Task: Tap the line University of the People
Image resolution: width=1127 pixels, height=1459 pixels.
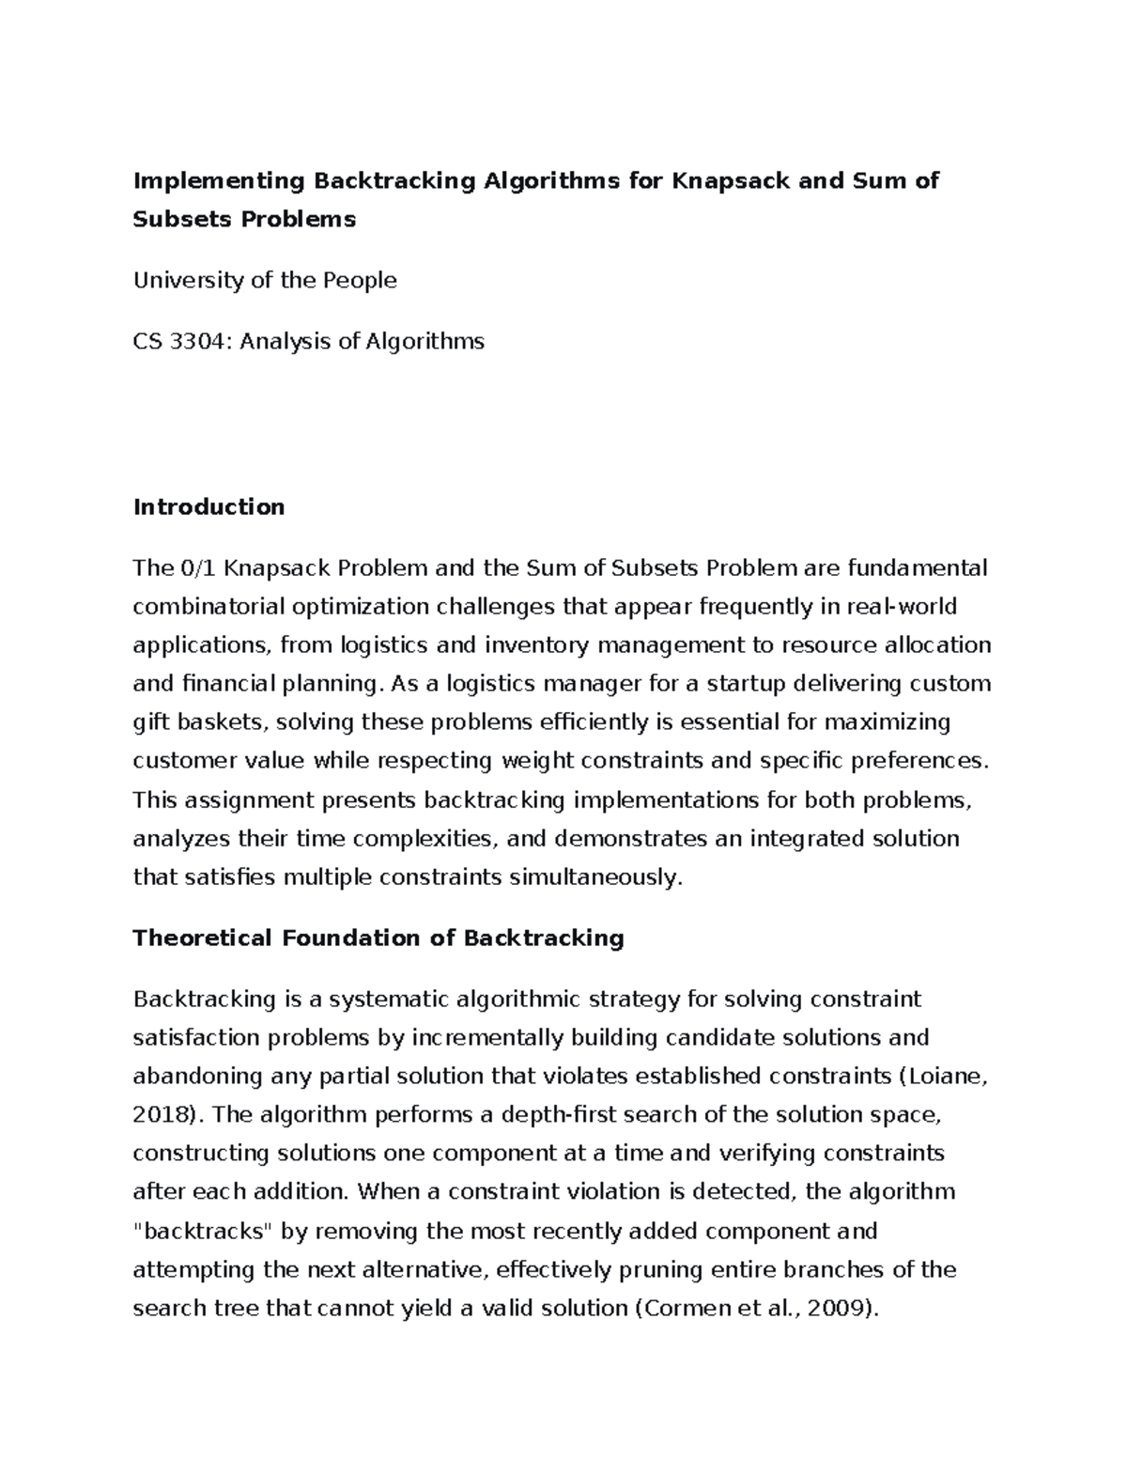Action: [x=265, y=280]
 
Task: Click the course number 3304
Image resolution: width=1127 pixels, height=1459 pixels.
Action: [x=200, y=341]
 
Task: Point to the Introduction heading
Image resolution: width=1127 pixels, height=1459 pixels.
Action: [x=208, y=507]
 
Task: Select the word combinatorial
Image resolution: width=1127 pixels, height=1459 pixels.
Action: [x=209, y=606]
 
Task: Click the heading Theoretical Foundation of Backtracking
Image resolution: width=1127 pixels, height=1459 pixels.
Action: [x=378, y=938]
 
